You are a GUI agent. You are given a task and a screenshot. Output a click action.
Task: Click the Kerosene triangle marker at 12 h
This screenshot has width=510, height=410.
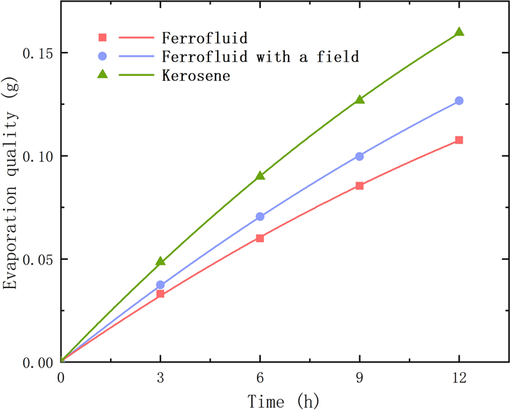click(459, 32)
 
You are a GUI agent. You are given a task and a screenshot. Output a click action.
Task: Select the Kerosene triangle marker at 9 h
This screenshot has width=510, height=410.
click(359, 99)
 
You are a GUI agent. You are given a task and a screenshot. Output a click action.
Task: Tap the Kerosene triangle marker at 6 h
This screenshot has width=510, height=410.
click(260, 176)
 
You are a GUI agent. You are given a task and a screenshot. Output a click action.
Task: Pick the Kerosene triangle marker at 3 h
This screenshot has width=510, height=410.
click(160, 261)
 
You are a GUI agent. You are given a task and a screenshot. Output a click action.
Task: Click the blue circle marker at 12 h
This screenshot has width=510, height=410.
click(459, 101)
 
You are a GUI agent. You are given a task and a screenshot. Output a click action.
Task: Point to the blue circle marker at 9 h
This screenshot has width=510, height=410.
click(359, 156)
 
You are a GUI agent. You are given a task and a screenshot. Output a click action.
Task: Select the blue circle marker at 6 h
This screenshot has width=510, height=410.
click(260, 217)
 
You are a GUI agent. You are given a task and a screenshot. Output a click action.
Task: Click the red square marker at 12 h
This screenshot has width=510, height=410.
click(459, 140)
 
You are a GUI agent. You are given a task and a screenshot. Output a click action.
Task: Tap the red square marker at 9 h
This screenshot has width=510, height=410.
click(359, 186)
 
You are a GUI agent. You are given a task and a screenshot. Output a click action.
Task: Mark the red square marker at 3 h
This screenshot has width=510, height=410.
click(160, 294)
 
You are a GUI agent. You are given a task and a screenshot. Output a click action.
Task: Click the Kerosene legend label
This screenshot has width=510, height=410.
click(196, 76)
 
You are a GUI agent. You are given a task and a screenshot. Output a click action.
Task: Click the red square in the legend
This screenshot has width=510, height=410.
click(103, 36)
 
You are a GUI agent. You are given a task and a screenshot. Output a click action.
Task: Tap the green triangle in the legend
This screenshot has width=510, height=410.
click(103, 75)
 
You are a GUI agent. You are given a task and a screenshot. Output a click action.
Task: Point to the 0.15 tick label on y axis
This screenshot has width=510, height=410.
click(36, 53)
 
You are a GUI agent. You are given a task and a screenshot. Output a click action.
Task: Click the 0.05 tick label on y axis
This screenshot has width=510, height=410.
click(36, 259)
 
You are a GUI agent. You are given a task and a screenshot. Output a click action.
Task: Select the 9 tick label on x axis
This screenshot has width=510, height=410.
click(359, 379)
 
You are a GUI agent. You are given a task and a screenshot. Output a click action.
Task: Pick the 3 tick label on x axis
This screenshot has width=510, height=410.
click(160, 379)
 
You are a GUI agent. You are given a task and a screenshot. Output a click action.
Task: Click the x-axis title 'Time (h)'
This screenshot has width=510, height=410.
click(283, 400)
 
